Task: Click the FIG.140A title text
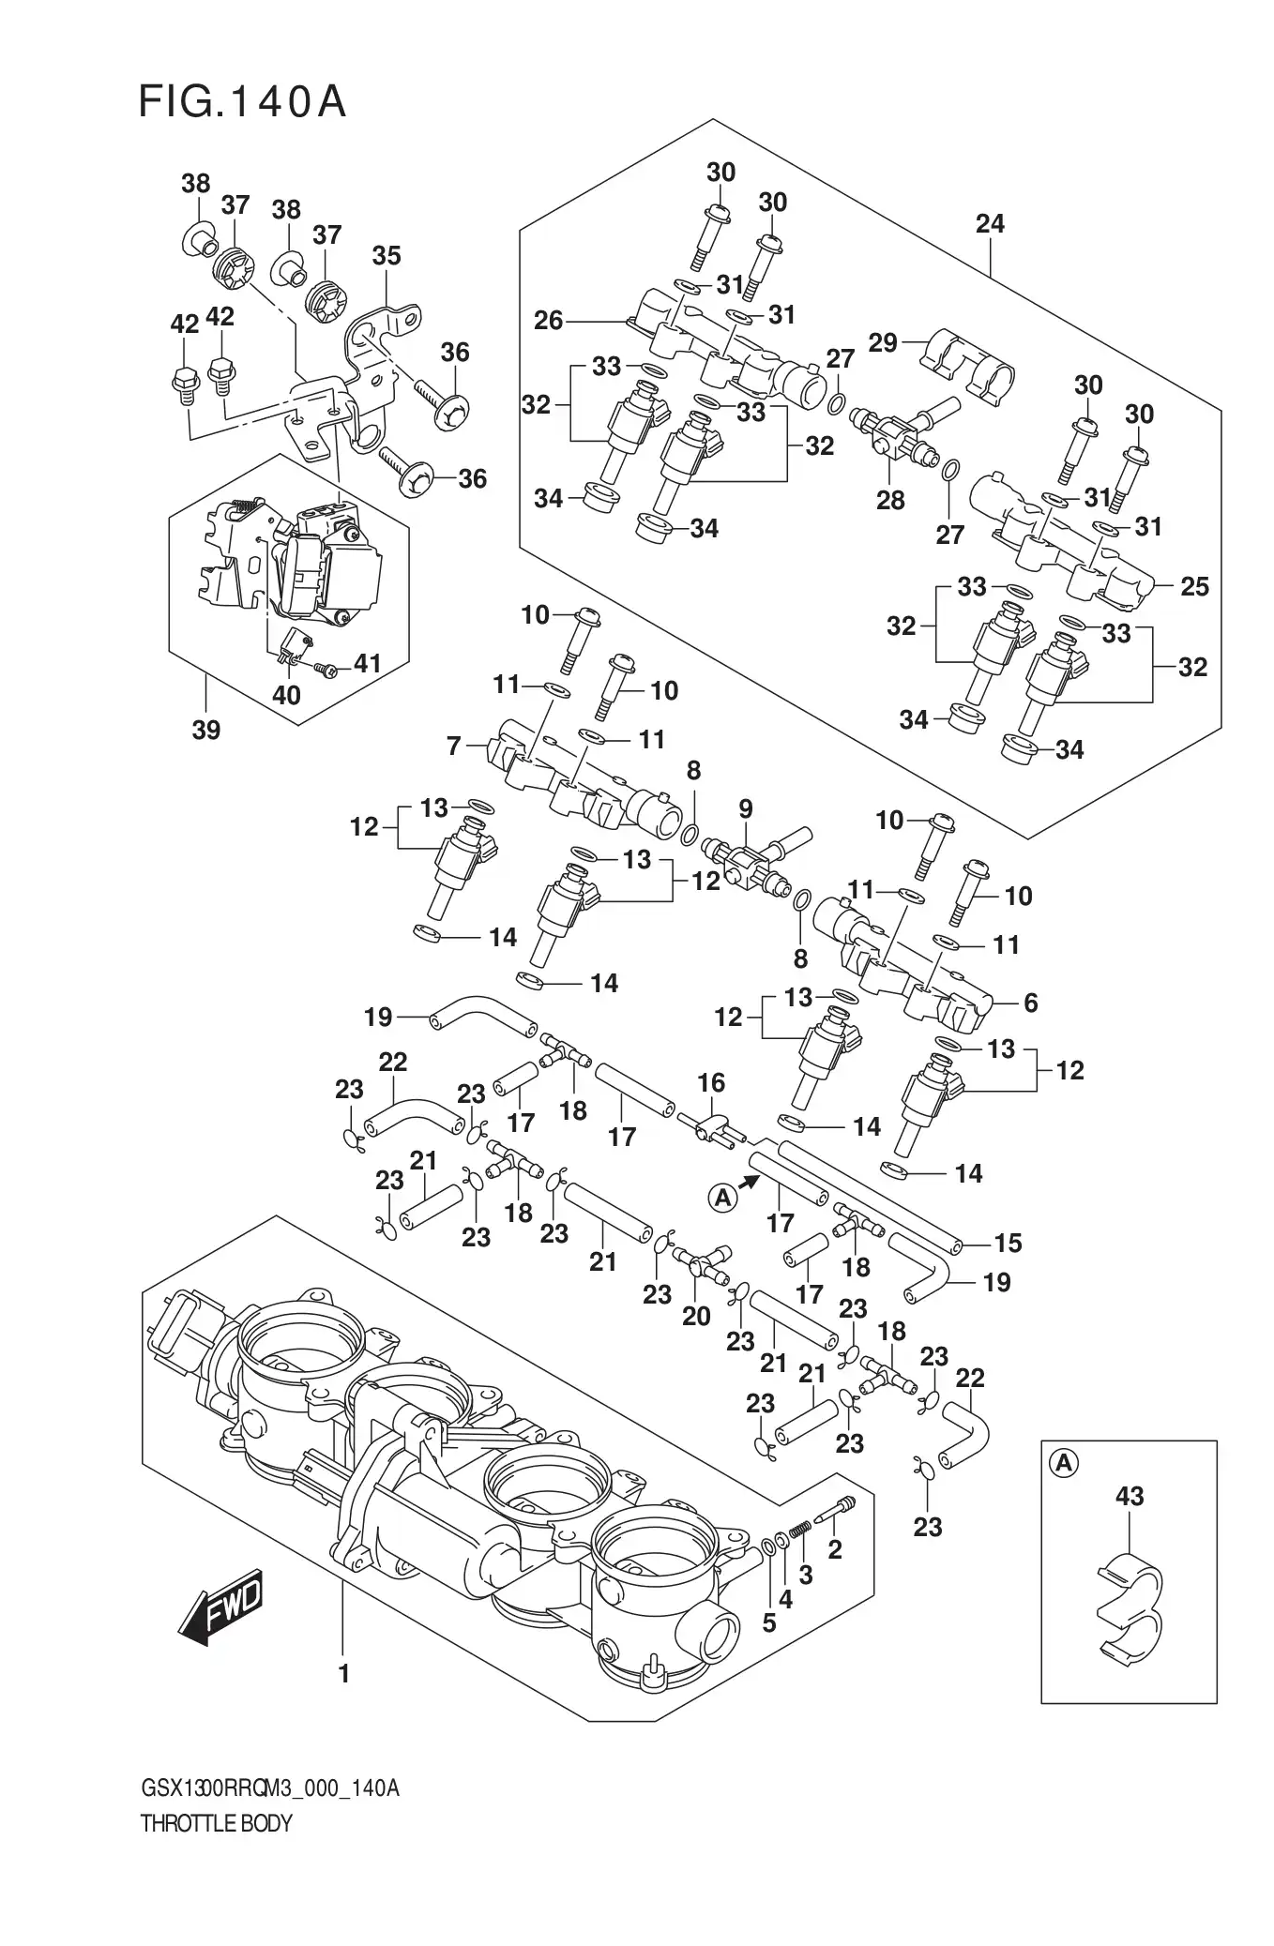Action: point(242,102)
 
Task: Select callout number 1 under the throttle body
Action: point(343,1673)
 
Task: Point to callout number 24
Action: point(989,223)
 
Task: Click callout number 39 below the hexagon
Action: point(206,729)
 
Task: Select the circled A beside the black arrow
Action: point(722,1196)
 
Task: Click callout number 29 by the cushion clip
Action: point(882,342)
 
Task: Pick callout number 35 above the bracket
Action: point(386,255)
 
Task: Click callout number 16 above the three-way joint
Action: point(711,1082)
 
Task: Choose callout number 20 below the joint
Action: point(695,1316)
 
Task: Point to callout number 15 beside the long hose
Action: point(1008,1243)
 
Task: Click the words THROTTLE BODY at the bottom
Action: point(217,1850)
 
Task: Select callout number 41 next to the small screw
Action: point(366,664)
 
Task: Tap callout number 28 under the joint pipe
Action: point(889,500)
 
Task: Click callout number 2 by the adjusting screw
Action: point(834,1548)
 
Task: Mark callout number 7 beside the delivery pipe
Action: point(454,746)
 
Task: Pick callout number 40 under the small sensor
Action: point(285,695)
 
